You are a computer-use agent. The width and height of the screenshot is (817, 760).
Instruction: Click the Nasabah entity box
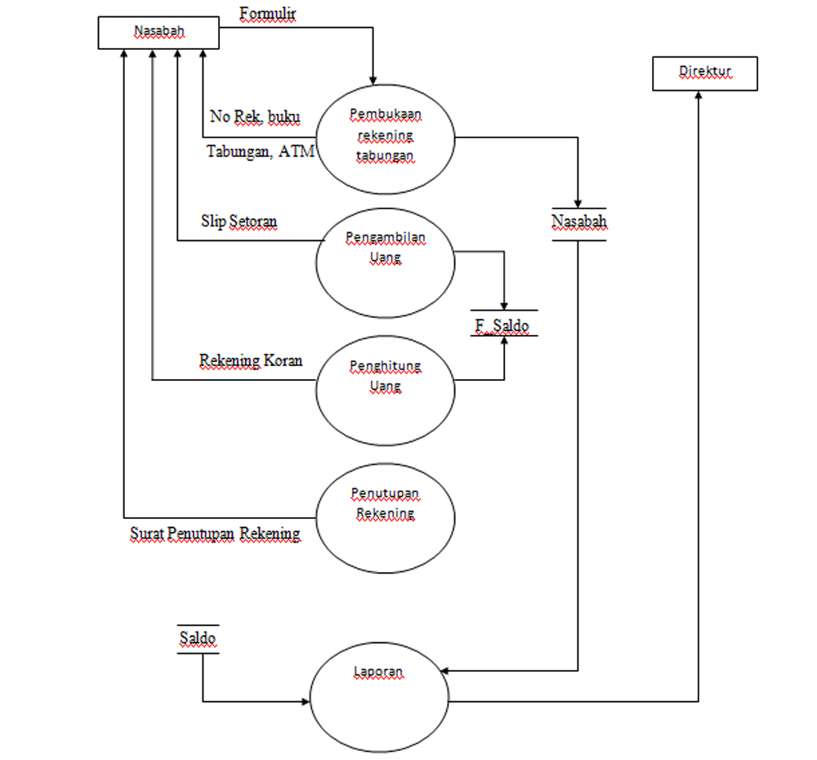pos(158,33)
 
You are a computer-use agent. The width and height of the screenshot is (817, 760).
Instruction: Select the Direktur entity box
pos(705,73)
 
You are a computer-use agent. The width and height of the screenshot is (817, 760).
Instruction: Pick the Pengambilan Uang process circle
pos(385,262)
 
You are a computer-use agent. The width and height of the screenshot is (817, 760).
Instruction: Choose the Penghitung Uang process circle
pos(385,389)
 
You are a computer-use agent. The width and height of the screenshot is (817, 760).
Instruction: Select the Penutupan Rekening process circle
pos(385,516)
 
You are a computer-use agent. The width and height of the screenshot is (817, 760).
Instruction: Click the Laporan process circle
pos(379,700)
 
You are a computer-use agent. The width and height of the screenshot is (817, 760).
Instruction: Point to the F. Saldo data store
pos(503,325)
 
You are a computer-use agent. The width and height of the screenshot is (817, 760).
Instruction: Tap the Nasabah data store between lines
pos(578,222)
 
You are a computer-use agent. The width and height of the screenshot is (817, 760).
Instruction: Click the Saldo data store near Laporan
pos(198,638)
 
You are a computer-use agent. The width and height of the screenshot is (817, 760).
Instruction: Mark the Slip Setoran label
pos(239,221)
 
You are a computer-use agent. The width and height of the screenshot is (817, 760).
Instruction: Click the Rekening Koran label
pos(251,360)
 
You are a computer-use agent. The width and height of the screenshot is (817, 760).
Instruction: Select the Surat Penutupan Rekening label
pos(215,534)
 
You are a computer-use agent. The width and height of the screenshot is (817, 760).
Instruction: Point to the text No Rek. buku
pos(254,117)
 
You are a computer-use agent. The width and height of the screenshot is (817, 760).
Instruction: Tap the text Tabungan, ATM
pos(260,151)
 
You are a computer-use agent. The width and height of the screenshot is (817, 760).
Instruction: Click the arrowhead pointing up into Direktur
pos(699,95)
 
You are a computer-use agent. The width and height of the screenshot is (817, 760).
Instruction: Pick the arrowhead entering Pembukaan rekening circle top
pos(373,79)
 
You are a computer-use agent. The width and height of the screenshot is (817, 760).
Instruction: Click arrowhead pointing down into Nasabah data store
pos(578,203)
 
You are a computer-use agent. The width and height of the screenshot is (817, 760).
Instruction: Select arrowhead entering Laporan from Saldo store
pos(307,701)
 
